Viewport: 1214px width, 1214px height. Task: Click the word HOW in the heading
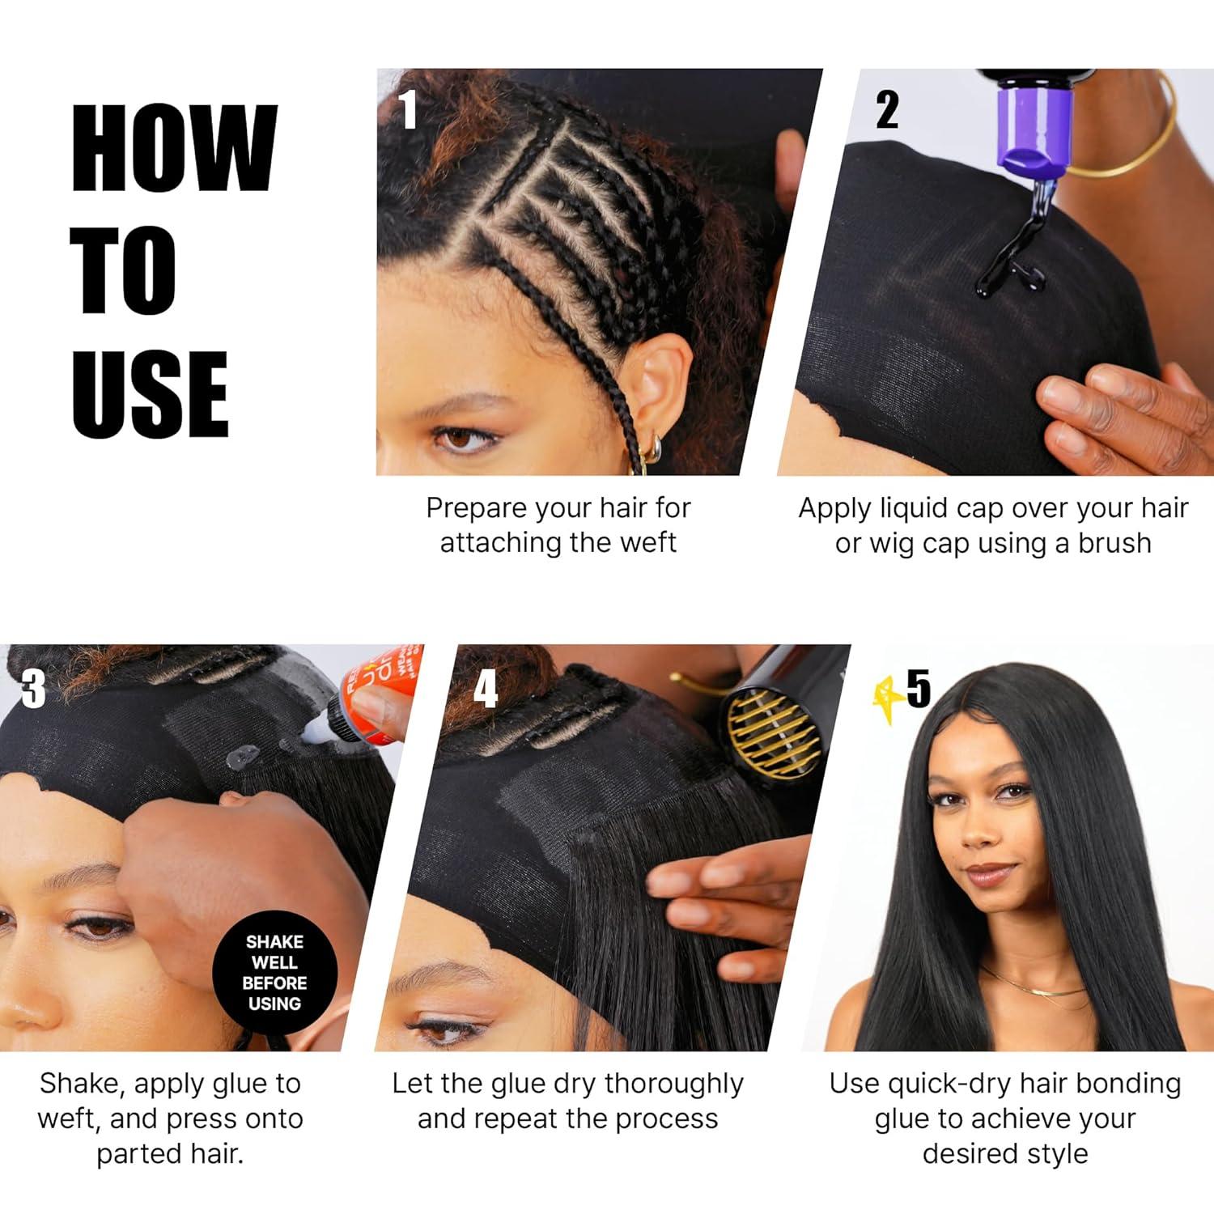(x=175, y=149)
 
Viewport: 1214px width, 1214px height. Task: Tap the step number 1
(x=409, y=109)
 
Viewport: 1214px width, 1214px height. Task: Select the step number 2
(x=887, y=109)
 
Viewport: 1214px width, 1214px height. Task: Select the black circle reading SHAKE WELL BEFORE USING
(x=274, y=972)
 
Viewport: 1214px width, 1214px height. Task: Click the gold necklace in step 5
(x=1029, y=986)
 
